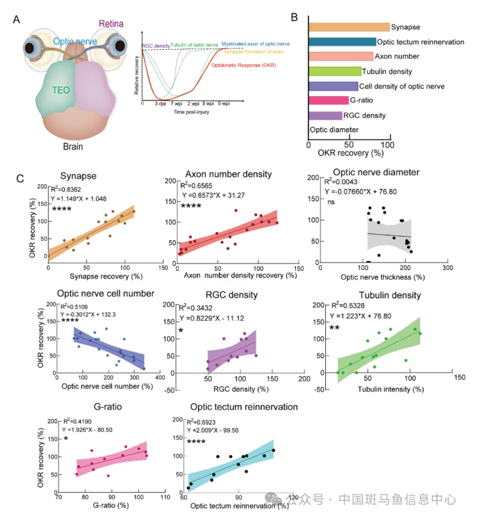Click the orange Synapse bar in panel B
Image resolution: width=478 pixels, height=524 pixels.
(x=348, y=27)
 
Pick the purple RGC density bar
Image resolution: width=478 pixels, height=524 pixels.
(x=325, y=115)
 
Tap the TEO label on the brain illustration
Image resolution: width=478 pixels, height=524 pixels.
(x=63, y=89)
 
